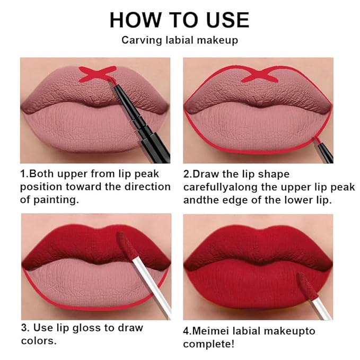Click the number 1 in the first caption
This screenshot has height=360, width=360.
pyautogui.click(x=23, y=174)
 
